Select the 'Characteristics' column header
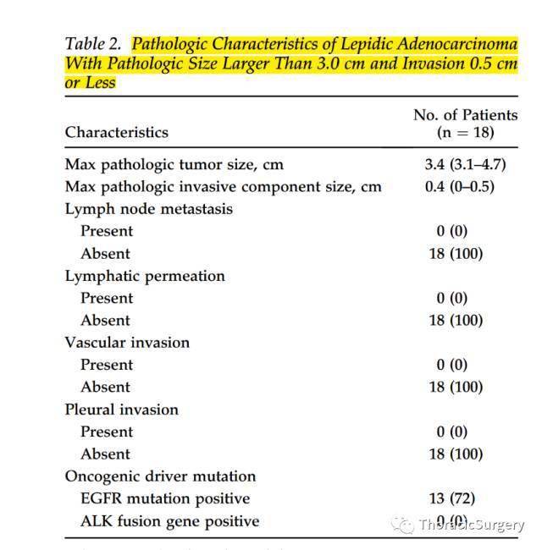[x=116, y=132]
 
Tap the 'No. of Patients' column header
[x=465, y=114]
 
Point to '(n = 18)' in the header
[x=465, y=132]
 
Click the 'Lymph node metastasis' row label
[x=148, y=208]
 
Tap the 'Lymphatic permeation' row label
[x=145, y=275]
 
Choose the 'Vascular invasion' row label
[x=127, y=342]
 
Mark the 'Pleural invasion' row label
[x=121, y=409]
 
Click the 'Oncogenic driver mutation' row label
[x=160, y=476]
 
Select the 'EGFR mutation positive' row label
[x=165, y=498]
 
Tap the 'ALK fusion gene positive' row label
[x=169, y=520]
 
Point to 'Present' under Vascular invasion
[x=107, y=365]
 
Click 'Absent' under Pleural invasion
[x=105, y=454]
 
